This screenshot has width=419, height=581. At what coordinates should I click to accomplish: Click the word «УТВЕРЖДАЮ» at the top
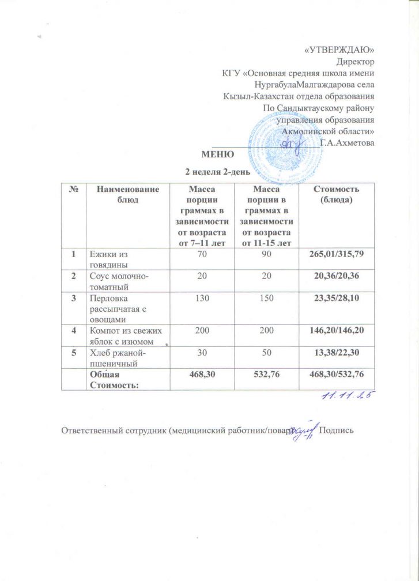point(339,50)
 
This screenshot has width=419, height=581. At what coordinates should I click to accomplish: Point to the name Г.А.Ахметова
point(348,143)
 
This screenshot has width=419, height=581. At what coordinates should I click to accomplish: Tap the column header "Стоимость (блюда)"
point(336,194)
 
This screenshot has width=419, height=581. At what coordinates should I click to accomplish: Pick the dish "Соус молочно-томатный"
point(118,281)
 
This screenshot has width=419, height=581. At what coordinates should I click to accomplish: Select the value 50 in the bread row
point(265,350)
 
